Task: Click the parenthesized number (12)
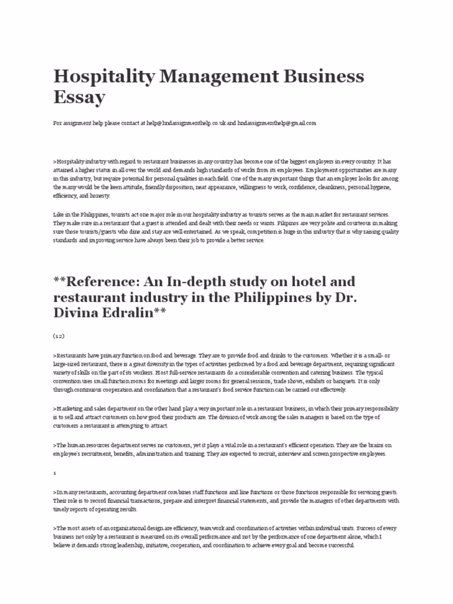click(58, 336)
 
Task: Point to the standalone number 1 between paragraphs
click(54, 473)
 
